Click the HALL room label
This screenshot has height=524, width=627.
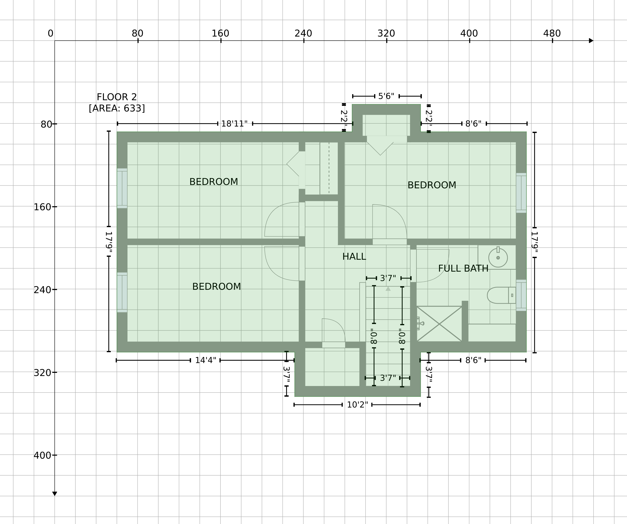[354, 257]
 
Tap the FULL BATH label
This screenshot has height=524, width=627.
[463, 268]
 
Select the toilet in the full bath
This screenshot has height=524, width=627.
[501, 295]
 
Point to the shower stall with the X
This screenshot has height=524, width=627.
[439, 324]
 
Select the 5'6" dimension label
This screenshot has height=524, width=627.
[386, 96]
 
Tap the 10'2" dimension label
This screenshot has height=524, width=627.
[357, 405]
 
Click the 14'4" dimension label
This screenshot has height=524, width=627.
[205, 360]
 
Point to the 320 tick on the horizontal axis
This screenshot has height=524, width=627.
[387, 41]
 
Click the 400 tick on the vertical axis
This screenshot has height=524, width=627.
[55, 455]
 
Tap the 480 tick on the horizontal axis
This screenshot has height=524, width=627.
[552, 41]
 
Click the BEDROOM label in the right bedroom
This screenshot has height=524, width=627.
[432, 185]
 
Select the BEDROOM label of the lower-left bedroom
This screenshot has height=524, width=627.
[217, 287]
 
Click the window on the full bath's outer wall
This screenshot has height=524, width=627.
[521, 295]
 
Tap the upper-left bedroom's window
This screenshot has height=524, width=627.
[122, 188]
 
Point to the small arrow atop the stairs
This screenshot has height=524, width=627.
[388, 289]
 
